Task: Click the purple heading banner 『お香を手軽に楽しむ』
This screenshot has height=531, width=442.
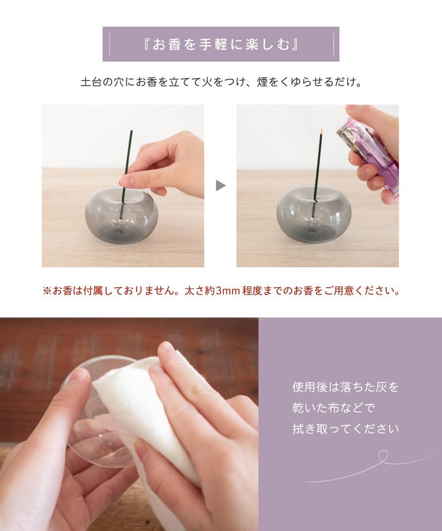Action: (221, 44)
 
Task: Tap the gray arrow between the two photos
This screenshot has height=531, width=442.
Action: (221, 186)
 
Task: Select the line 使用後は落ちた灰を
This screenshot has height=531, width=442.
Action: (345, 387)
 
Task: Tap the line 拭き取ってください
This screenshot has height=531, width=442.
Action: (345, 429)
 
